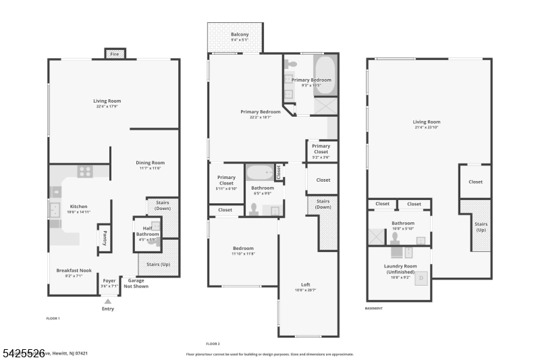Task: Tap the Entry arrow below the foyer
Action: pyautogui.click(x=108, y=301)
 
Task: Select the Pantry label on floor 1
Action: pyautogui.click(x=105, y=238)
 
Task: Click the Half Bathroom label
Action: pyautogui.click(x=147, y=232)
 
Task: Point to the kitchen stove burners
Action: pyautogui.click(x=85, y=172)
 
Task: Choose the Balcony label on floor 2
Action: pyautogui.click(x=240, y=34)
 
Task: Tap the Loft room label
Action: pyautogui.click(x=305, y=285)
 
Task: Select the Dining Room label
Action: pyautogui.click(x=150, y=163)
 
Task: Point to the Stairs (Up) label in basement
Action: pyautogui.click(x=481, y=226)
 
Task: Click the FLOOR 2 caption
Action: pyautogui.click(x=213, y=344)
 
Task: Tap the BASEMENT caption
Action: pyautogui.click(x=374, y=308)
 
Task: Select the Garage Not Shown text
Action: pyautogui.click(x=136, y=283)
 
